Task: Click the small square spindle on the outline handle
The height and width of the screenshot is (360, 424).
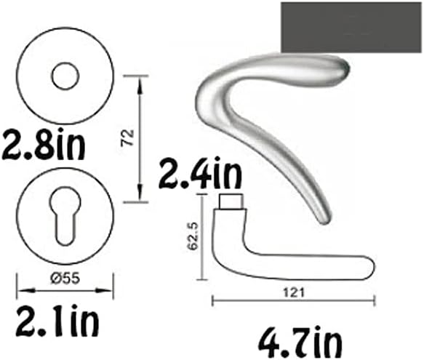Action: [231, 201]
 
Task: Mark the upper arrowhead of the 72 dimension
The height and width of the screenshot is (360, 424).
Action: [139, 78]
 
